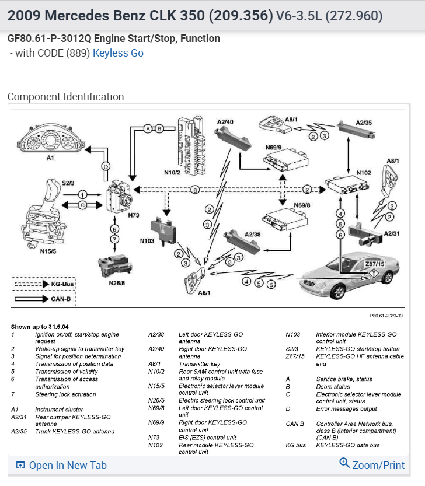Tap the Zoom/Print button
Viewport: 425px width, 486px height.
(372, 465)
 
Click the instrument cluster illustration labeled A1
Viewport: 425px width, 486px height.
(51, 138)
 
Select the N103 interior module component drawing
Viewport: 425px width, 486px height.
(165, 228)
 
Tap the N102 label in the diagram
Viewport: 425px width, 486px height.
(364, 173)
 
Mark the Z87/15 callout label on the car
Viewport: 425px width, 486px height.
(374, 264)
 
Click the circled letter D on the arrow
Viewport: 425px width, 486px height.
(106, 166)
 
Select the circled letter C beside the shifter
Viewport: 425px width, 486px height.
(83, 205)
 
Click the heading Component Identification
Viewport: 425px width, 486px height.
(65, 97)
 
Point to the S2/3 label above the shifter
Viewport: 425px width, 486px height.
(69, 183)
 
